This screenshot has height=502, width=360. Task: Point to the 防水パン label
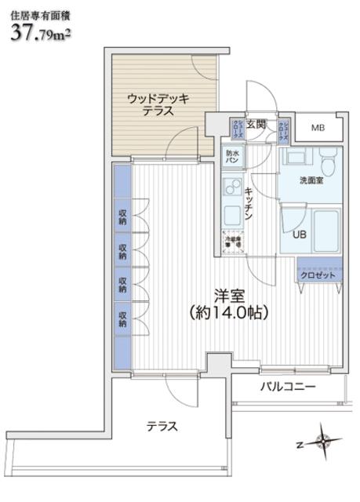tap(232, 156)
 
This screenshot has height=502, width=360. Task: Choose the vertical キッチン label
tap(248, 206)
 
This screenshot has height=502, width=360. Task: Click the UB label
tap(300, 234)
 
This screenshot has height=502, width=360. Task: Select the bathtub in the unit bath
tap(322, 227)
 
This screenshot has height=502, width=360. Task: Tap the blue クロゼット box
tap(318, 275)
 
